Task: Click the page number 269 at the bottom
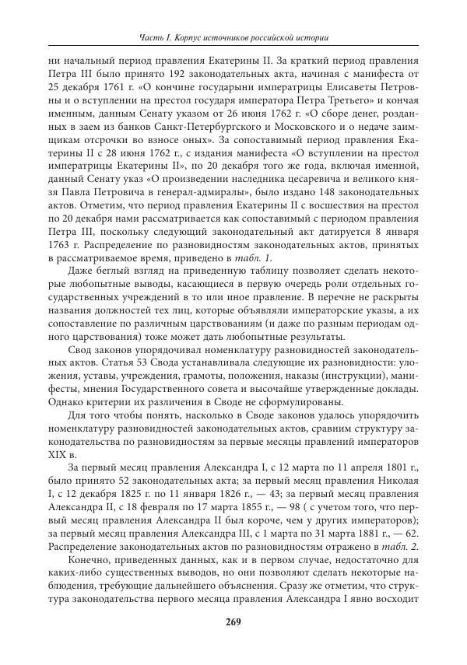233,621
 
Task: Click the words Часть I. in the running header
160,37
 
